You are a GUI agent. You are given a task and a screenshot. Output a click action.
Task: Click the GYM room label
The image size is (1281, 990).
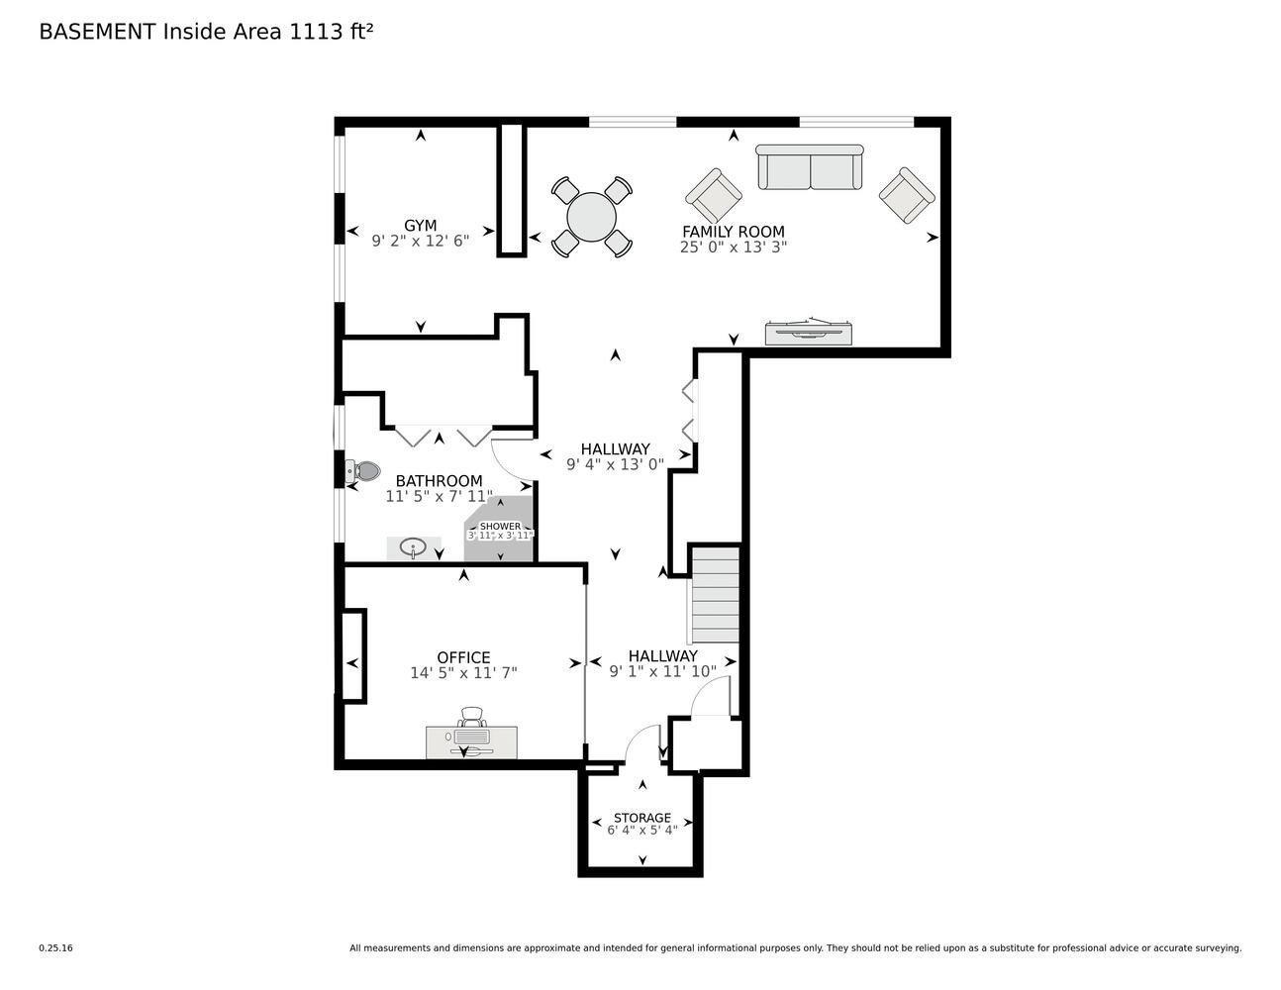click(x=420, y=225)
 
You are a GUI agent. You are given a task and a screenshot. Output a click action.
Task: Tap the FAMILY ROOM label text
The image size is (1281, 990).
click(x=733, y=232)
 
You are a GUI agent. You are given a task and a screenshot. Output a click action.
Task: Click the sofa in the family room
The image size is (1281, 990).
click(x=809, y=167)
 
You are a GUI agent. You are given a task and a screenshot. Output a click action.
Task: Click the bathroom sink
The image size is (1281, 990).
click(x=413, y=547)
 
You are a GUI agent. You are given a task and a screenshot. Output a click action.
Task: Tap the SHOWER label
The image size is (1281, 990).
click(x=500, y=527)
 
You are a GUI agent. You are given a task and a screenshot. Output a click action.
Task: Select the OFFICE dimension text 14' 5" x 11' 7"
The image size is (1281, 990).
click(x=463, y=673)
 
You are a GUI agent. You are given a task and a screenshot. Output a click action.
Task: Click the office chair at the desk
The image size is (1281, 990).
click(x=472, y=718)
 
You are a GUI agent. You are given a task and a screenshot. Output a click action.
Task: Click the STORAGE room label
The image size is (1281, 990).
click(x=641, y=818)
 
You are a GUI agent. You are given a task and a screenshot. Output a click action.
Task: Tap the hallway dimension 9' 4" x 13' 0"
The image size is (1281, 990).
click(x=615, y=464)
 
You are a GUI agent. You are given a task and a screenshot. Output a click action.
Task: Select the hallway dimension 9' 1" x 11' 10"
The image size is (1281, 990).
click(x=662, y=671)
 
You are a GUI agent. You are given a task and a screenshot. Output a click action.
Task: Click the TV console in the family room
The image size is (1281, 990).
click(x=808, y=333)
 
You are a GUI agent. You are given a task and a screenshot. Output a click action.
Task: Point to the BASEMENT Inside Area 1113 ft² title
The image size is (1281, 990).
click(x=206, y=32)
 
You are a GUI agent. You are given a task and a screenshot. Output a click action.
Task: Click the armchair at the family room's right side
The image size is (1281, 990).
click(x=907, y=195)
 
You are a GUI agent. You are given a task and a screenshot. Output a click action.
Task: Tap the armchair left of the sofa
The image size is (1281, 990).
click(x=714, y=196)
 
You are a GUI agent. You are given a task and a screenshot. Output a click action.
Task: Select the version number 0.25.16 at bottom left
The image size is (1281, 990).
click(x=55, y=947)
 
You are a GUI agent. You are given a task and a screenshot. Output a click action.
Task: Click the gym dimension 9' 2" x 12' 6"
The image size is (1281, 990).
click(x=420, y=241)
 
